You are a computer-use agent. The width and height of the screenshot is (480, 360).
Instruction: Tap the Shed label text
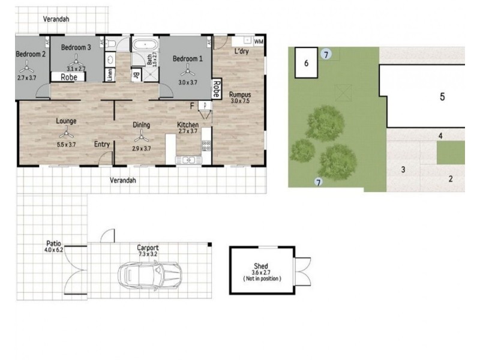pos(260,266)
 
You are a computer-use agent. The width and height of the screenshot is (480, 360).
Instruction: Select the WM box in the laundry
pos(259,41)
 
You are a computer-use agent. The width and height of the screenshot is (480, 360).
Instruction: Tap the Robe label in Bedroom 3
pos(68,77)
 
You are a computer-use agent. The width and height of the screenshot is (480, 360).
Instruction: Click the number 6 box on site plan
pos(307,62)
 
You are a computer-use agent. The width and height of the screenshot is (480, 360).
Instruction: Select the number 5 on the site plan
pos(442,97)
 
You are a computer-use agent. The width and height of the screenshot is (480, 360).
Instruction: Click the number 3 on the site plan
pos(403,170)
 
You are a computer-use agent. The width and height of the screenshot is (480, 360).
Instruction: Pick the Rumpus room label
pos(240,94)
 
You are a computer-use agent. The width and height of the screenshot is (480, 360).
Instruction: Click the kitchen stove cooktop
pos(206,145)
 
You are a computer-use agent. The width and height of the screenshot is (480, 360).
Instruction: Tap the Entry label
pos(101,144)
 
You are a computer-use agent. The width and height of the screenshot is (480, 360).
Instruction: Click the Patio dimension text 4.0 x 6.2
pos(54,251)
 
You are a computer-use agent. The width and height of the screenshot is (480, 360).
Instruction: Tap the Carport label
pos(147,247)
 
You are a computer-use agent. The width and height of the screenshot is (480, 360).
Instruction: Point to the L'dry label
pos(241,52)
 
